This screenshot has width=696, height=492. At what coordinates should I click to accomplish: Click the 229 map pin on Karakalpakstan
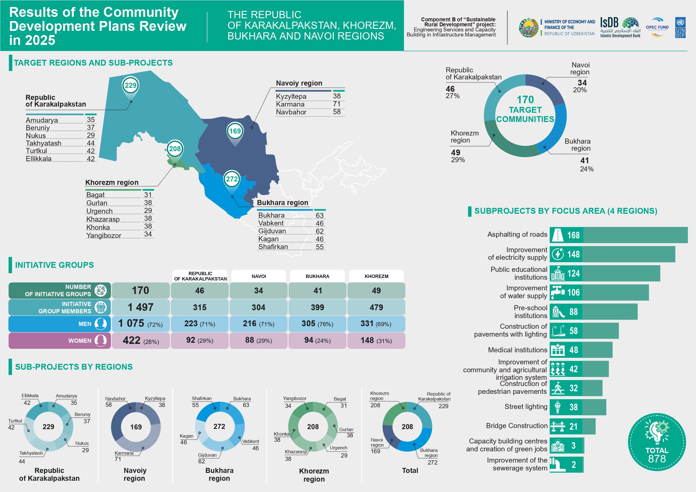131,85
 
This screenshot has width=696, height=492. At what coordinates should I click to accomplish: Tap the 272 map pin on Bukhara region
232,179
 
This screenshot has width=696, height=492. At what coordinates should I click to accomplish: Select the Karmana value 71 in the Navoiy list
336,104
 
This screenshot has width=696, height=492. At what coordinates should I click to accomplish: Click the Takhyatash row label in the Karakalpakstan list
44,143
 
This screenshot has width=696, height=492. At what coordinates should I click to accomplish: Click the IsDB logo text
609,23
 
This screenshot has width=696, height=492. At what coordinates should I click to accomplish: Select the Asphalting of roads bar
635,235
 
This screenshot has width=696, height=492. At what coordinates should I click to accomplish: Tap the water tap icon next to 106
557,292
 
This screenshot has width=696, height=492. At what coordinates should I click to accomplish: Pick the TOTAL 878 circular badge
657,442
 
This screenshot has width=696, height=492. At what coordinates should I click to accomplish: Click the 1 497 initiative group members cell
140,307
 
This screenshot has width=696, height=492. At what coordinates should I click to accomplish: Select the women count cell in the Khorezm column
376,341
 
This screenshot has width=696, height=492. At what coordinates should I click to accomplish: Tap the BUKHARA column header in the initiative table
317,276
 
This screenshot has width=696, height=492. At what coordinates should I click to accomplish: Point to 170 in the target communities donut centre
525,99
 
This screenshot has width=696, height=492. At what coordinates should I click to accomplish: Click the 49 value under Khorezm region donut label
455,153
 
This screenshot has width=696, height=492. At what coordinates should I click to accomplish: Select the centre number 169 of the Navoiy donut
136,427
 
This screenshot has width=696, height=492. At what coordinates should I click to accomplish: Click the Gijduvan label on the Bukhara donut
207,455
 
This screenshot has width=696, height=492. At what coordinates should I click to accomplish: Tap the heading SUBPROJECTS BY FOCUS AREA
565,211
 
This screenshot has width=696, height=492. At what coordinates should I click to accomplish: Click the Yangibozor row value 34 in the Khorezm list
148,234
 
